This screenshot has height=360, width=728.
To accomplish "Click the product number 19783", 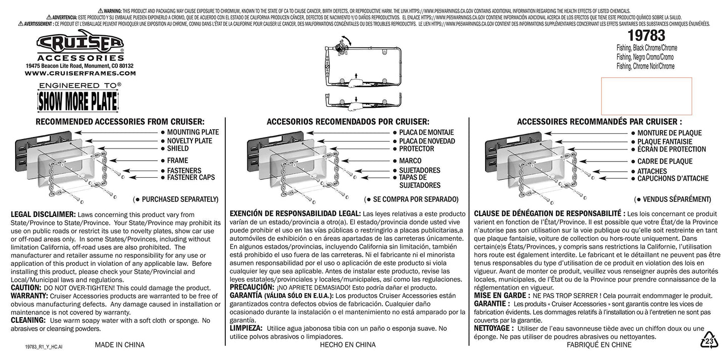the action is click(646, 35).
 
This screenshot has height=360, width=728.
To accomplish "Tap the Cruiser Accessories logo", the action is click(80, 45).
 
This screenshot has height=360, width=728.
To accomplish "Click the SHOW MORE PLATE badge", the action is click(78, 101).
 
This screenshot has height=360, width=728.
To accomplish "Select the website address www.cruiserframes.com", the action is click(80, 74).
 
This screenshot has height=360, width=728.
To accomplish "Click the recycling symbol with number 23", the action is click(709, 340).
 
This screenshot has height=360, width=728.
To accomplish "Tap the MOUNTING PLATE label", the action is click(193, 132).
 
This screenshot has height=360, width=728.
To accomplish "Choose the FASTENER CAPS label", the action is click(191, 177).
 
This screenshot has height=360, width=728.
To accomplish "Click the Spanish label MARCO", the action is click(410, 161).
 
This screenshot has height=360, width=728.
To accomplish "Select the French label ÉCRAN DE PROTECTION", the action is click(672, 150).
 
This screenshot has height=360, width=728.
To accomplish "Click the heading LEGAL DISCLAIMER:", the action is click(43, 214).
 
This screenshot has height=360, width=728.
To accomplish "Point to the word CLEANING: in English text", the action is click(28, 320).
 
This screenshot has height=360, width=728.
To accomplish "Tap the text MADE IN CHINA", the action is click(119, 345).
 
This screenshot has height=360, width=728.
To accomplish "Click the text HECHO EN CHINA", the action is click(348, 345).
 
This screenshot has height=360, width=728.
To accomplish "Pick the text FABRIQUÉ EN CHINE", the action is click(599, 345).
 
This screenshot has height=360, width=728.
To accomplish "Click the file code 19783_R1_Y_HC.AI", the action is click(43, 347).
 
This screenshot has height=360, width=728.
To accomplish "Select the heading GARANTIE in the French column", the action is click(490, 304).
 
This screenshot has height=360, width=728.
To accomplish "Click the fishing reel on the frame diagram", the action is click(340, 46).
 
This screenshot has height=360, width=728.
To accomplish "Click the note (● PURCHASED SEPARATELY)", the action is click(175, 199).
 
